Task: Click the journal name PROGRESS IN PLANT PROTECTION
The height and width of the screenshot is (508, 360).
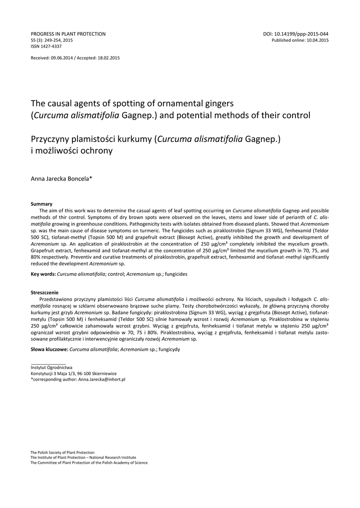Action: coord(68,34)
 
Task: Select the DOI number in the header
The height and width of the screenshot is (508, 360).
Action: coord(295,34)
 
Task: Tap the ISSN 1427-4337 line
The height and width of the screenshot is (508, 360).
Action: coord(46,46)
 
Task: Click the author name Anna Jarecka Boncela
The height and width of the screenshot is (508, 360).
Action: coord(65,178)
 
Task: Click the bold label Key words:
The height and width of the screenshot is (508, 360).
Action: coord(43,274)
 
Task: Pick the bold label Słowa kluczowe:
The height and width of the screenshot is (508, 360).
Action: coord(50,349)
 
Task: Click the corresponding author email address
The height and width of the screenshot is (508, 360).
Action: coord(102,379)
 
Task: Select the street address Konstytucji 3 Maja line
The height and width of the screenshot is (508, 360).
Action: coord(74,373)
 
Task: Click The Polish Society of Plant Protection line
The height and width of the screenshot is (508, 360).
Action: coord(63,452)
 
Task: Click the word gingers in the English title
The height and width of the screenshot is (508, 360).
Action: coord(213,103)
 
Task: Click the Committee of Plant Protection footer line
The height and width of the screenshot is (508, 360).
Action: coord(89,462)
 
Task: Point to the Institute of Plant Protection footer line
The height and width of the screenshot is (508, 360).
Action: coord(83,457)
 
